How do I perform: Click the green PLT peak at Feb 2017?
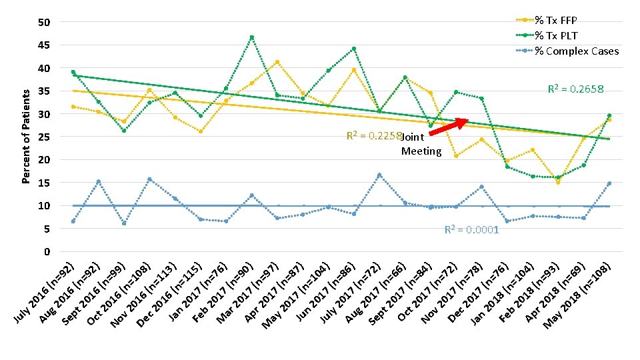pyautogui.click(x=252, y=37)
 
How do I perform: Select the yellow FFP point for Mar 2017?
pyautogui.click(x=277, y=62)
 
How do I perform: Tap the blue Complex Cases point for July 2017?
pyautogui.click(x=379, y=175)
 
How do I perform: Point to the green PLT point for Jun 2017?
pyautogui.click(x=354, y=49)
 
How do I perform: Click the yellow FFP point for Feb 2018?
pyautogui.click(x=558, y=182)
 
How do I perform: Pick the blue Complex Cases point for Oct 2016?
pyautogui.click(x=149, y=179)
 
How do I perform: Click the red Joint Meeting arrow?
pyautogui.click(x=449, y=126)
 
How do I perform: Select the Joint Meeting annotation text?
pyautogui.click(x=421, y=144)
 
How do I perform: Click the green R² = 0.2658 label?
pyautogui.click(x=575, y=89)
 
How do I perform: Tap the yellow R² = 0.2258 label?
pyautogui.click(x=374, y=135)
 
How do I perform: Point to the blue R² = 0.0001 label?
pyautogui.click(x=471, y=229)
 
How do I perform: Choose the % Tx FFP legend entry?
pyautogui.click(x=547, y=20)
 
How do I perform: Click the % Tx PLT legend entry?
pyautogui.click(x=547, y=35)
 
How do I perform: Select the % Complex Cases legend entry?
pyautogui.click(x=567, y=51)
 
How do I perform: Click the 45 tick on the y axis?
pyautogui.click(x=44, y=45)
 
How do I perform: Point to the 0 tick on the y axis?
pyautogui.click(x=47, y=252)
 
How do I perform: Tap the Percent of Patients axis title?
pyautogui.click(x=26, y=137)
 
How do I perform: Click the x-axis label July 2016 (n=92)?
pyautogui.click(x=45, y=293)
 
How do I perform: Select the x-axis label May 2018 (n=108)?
pyautogui.click(x=578, y=295)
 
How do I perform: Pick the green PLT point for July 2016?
pyautogui.click(x=73, y=72)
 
